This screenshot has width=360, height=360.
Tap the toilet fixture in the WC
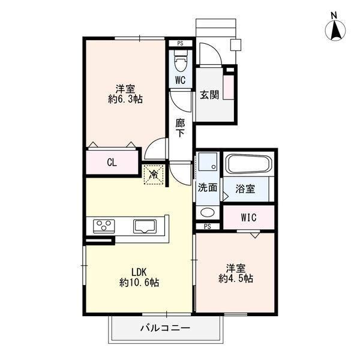tap(181, 61)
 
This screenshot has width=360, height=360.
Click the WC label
tap(180, 80)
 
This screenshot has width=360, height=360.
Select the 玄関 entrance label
tap(209, 95)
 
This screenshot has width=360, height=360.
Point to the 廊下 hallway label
tap(180, 128)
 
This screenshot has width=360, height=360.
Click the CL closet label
tap(112, 163)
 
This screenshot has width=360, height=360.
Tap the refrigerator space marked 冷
tap(154, 175)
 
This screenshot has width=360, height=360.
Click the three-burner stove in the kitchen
tap(104, 226)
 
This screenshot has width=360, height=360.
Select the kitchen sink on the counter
tap(145, 226)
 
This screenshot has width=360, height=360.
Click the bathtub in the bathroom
tap(249, 164)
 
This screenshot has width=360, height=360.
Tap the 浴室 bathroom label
tap(245, 189)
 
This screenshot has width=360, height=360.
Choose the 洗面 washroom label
tap(208, 188)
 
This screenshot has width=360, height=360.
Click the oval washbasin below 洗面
tap(208, 212)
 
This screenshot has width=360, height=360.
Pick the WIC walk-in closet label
tap(249, 217)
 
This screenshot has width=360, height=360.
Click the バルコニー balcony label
tap(166, 328)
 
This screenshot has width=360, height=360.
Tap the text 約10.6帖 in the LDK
tap(139, 283)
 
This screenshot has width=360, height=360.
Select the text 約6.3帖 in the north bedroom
tap(125, 99)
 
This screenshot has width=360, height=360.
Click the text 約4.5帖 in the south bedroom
tap(236, 278)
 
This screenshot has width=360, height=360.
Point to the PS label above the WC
tap(180, 43)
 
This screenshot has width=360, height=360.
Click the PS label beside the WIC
tap(208, 227)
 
